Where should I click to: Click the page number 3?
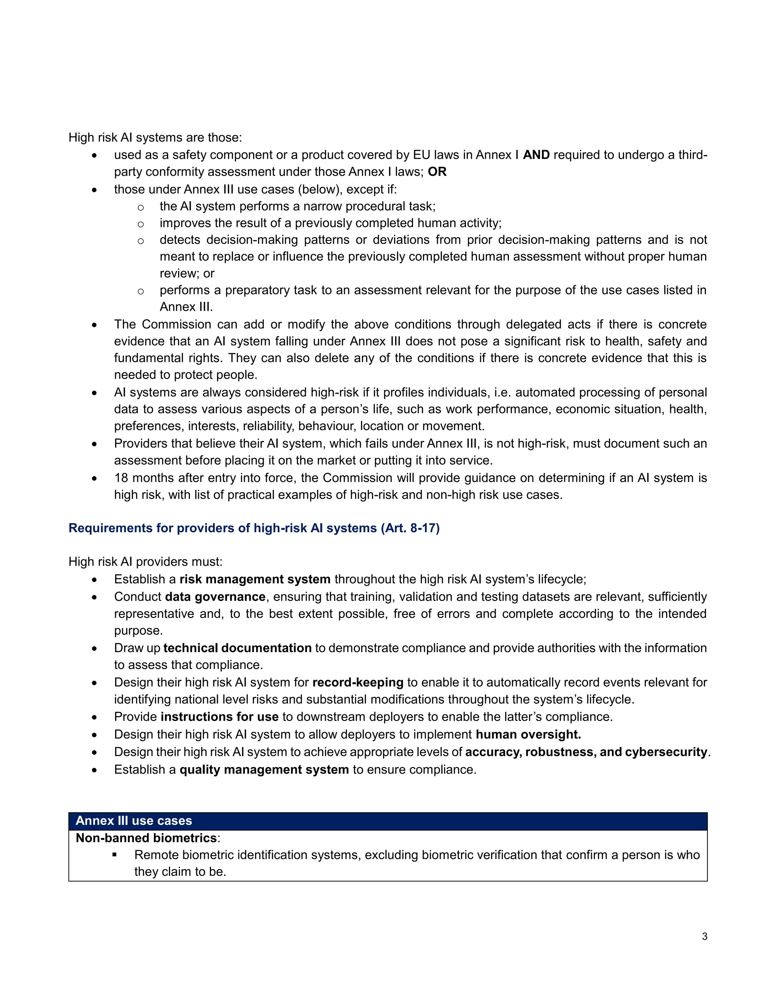704,937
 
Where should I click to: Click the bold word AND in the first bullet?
536,155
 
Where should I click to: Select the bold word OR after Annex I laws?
437,172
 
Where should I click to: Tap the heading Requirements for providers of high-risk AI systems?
254,528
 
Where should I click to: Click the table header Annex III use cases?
134,821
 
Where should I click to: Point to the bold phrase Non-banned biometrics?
146,838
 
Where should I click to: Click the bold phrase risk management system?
255,579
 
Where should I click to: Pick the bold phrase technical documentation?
237,648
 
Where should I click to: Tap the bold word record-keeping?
358,682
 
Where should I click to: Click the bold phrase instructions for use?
219,717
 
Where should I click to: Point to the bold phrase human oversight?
528,734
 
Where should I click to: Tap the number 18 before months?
121,478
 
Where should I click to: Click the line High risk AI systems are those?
155,138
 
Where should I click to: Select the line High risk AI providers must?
145,562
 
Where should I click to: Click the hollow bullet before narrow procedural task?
141,207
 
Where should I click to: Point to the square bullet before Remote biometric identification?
114,855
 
